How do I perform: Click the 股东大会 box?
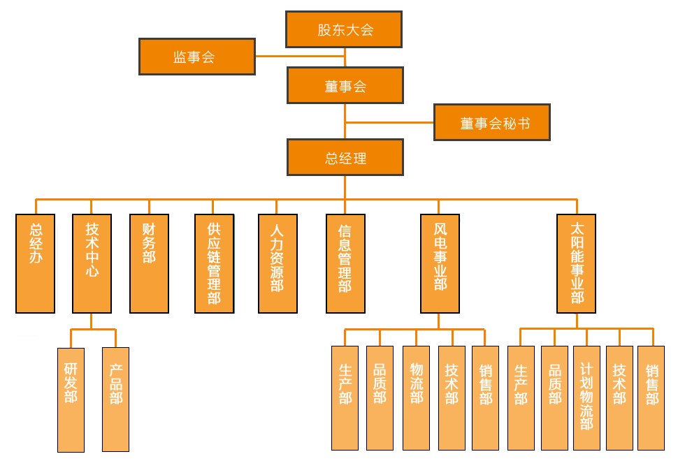(x=344, y=29)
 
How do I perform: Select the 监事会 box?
(x=196, y=57)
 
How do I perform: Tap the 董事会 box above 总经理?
(x=345, y=86)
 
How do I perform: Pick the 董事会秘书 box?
(x=492, y=123)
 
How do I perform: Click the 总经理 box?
(x=345, y=158)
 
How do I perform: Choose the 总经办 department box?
(x=35, y=263)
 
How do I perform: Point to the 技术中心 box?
(x=92, y=263)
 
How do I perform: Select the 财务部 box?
(x=149, y=263)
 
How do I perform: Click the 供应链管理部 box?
(x=214, y=263)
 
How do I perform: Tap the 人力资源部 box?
(x=277, y=263)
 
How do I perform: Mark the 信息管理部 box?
(x=345, y=263)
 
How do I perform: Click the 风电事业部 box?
(x=440, y=263)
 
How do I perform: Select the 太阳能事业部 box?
(x=577, y=263)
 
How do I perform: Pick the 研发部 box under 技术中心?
(x=71, y=400)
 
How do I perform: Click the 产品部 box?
(x=115, y=400)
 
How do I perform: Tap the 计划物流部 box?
(x=586, y=398)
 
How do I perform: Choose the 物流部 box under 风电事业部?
(x=417, y=398)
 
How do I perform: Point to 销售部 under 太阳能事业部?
(x=651, y=398)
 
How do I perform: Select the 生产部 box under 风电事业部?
(x=345, y=398)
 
